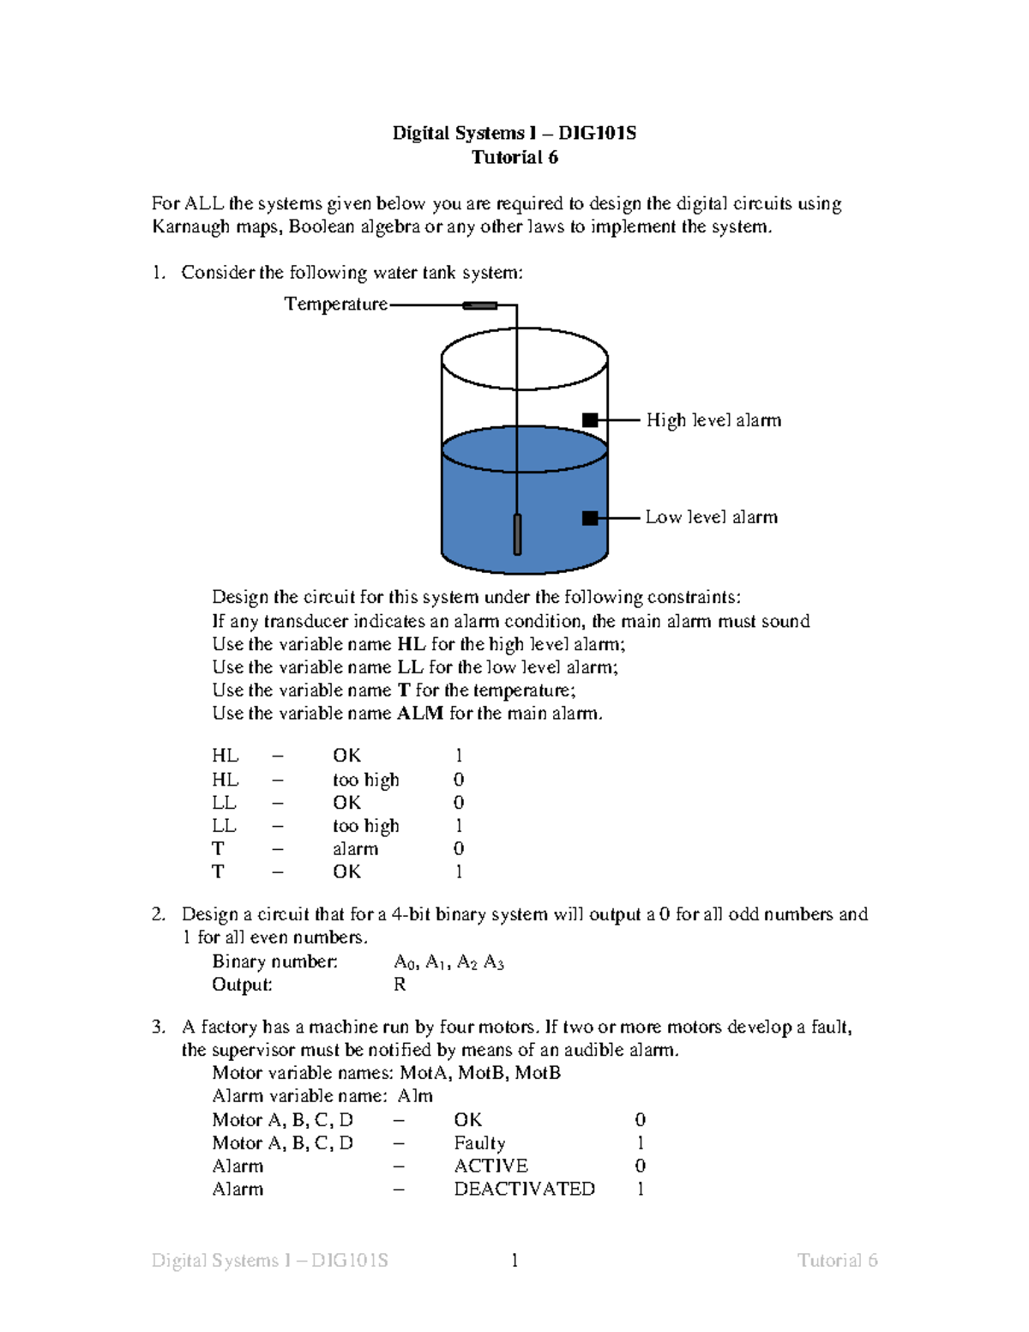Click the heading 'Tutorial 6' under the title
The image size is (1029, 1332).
point(514,157)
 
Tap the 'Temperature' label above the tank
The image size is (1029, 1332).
point(335,304)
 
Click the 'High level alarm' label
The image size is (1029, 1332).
point(713,420)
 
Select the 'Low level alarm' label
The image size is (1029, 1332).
point(711,517)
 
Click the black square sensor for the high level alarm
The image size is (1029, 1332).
point(590,420)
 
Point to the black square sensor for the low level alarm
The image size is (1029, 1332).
point(590,518)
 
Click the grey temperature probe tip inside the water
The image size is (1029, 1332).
point(517,534)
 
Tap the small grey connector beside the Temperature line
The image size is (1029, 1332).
point(480,305)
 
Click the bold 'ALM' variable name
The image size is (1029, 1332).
point(420,714)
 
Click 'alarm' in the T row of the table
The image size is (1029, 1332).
point(355,849)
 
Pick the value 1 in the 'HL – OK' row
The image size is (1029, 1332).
point(459,756)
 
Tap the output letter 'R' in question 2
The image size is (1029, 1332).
point(400,985)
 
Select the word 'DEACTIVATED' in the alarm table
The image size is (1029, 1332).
point(524,1190)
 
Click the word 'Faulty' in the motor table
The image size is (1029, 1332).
point(479,1143)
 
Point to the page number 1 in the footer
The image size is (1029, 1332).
point(514,1260)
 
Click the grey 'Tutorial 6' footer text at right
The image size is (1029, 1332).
point(837,1260)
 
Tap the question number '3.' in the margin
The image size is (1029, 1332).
point(159,1027)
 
